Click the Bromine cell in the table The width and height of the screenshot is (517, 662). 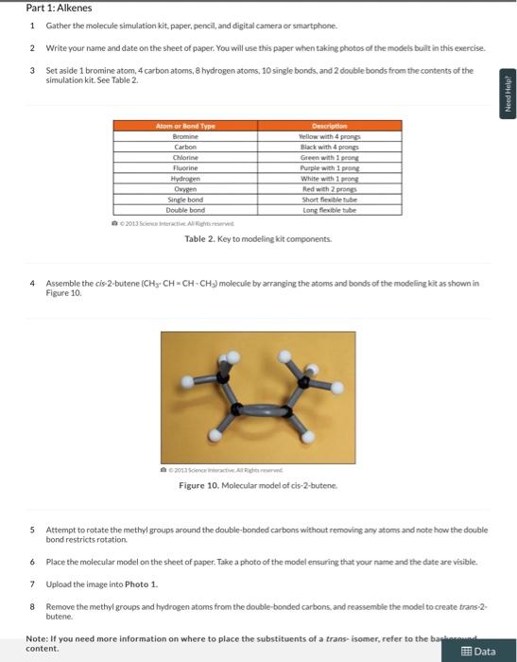pyautogui.click(x=185, y=136)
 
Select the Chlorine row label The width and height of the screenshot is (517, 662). pyautogui.click(x=185, y=156)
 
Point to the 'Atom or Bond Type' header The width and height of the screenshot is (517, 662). pyautogui.click(x=185, y=126)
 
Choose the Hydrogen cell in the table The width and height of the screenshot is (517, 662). pyautogui.click(x=185, y=177)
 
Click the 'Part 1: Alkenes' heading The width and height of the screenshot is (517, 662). pyautogui.click(x=60, y=8)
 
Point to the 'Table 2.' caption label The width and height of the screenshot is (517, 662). pyautogui.click(x=201, y=239)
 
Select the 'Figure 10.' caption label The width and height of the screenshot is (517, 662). pyautogui.click(x=198, y=486)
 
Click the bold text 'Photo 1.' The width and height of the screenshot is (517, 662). pyautogui.click(x=141, y=584)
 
